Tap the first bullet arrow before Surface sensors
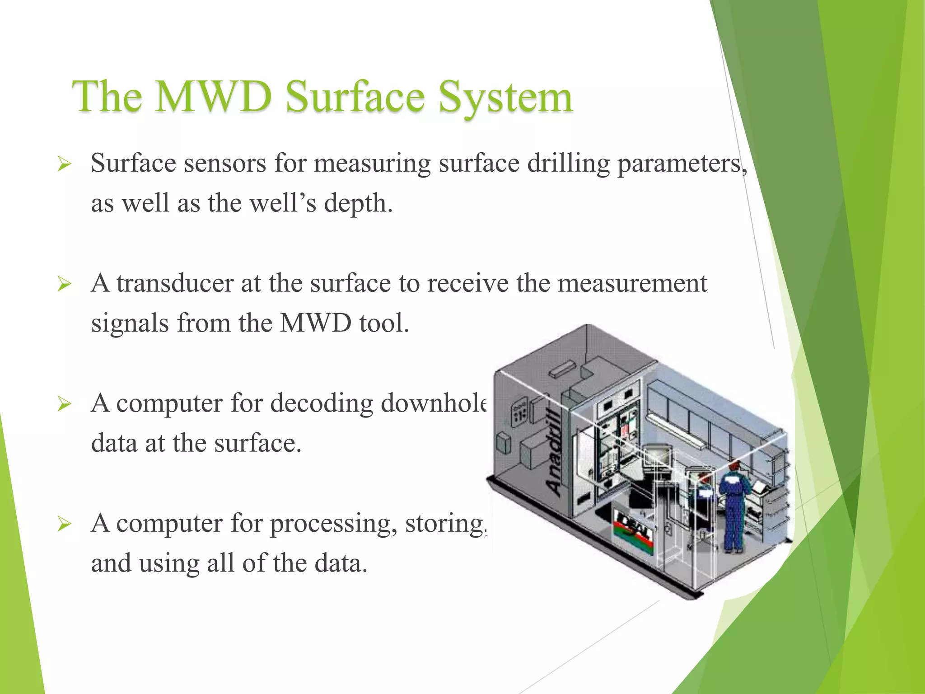[x=64, y=164]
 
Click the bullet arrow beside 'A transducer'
[x=64, y=285]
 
